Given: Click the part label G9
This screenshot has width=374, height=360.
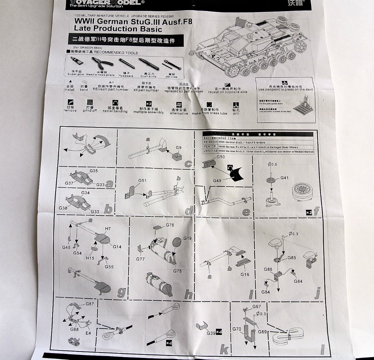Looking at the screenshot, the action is (x=179, y=148).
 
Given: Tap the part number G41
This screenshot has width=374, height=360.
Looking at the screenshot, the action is (x=285, y=178).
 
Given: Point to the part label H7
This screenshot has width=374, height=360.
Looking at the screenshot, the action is (x=107, y=229).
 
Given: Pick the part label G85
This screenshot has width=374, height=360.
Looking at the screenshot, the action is (x=291, y=258).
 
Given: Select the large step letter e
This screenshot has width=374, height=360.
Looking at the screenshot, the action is (x=246, y=212).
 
